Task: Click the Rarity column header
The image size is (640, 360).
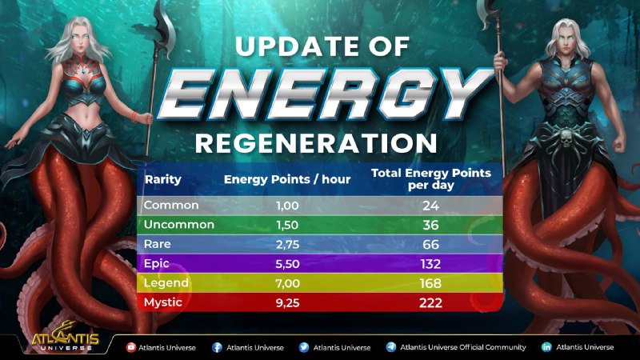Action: pyautogui.click(x=163, y=179)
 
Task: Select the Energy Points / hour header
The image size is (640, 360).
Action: pyautogui.click(x=287, y=179)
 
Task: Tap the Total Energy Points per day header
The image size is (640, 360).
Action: pyautogui.click(x=431, y=178)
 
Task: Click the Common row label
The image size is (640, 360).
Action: pyautogui.click(x=171, y=205)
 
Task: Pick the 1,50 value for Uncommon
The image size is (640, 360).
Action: pyautogui.click(x=287, y=225)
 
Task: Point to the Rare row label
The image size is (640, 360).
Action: pyautogui.click(x=157, y=244)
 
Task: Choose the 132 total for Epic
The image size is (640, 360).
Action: pyautogui.click(x=430, y=264)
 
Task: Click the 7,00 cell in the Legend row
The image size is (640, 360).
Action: pyautogui.click(x=287, y=283)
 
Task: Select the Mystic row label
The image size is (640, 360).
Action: pyautogui.click(x=163, y=302)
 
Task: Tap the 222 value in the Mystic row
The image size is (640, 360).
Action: pyautogui.click(x=430, y=303)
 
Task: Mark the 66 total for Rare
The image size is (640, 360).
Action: pyautogui.click(x=430, y=245)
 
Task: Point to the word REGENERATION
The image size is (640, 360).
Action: pyautogui.click(x=316, y=143)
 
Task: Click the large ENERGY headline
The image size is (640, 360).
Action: pyautogui.click(x=325, y=94)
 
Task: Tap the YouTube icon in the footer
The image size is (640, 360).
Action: pyautogui.click(x=131, y=347)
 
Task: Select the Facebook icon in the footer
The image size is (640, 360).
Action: pyautogui.click(x=217, y=347)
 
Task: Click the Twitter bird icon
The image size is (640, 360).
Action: pyautogui.click(x=304, y=347)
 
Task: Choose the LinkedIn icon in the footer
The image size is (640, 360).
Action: pyautogui.click(x=546, y=347)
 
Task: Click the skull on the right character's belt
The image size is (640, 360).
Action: pyautogui.click(x=566, y=139)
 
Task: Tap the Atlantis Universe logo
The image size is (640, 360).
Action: pyautogui.click(x=66, y=338)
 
